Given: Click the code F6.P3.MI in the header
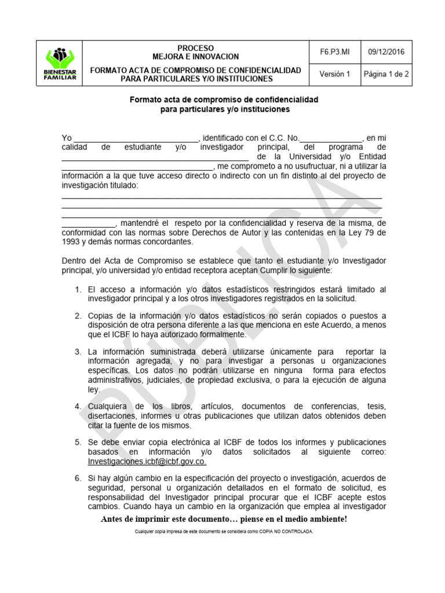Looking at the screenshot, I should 334,52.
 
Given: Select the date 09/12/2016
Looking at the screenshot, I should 386,52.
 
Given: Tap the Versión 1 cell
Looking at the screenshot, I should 334,74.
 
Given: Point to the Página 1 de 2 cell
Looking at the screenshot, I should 386,74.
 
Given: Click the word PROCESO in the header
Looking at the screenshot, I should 195,47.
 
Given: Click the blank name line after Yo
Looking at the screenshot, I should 136,138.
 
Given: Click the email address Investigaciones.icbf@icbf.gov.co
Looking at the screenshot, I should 147,462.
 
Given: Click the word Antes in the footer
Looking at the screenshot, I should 113,518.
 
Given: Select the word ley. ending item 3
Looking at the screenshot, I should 94,390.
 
